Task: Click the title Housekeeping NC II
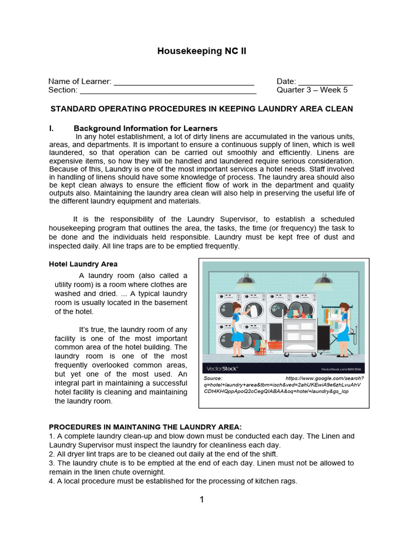(x=202, y=51)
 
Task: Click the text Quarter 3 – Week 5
(x=312, y=90)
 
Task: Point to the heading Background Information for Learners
(x=145, y=128)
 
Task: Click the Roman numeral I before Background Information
(x=51, y=128)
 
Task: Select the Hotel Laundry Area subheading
(x=83, y=264)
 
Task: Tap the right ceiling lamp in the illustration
(x=324, y=279)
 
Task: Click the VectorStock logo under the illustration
(x=223, y=368)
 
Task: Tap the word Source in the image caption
(x=213, y=378)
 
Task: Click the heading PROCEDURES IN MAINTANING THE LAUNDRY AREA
(x=145, y=427)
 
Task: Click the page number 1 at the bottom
(x=201, y=500)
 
